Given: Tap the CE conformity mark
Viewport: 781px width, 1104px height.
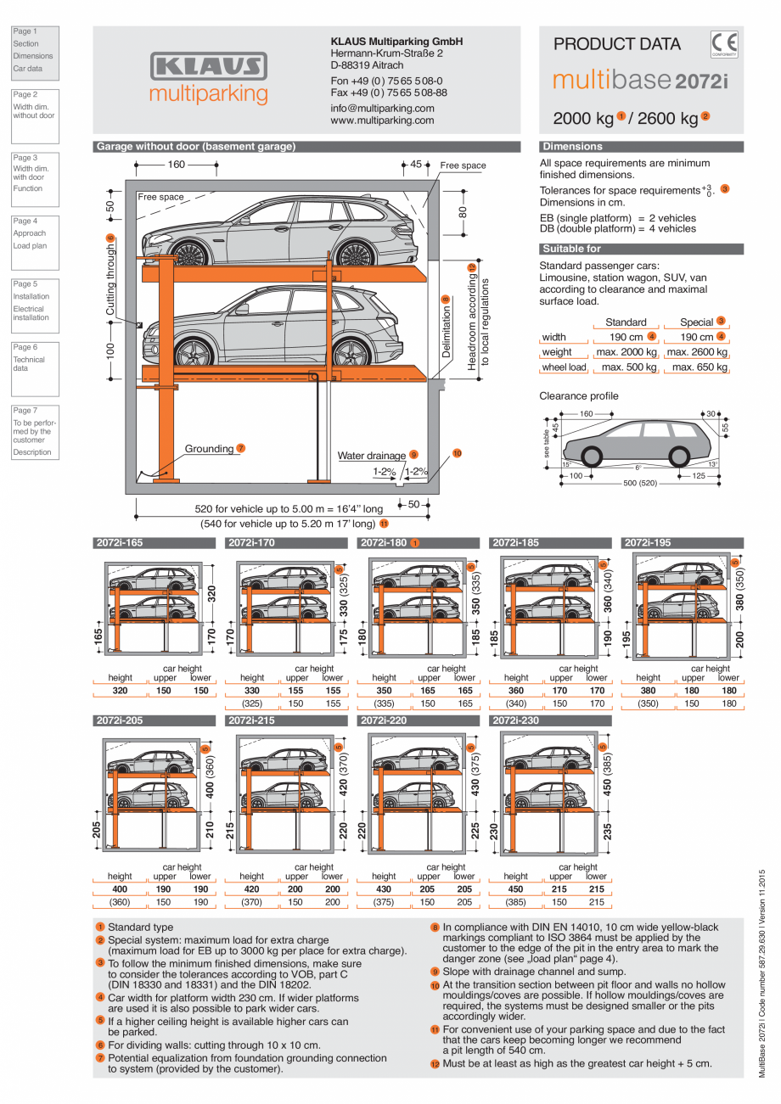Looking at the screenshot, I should click(x=724, y=44).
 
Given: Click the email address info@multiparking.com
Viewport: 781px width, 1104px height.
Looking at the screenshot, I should click(x=382, y=109).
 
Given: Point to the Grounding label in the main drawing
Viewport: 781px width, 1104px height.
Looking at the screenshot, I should click(x=209, y=449).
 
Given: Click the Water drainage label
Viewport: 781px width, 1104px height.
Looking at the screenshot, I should click(x=372, y=456).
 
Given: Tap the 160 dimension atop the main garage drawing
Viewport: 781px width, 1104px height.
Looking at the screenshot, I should click(x=176, y=165).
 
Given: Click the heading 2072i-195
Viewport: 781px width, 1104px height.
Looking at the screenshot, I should click(x=647, y=542).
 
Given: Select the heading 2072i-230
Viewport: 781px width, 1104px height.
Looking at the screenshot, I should click(x=515, y=720).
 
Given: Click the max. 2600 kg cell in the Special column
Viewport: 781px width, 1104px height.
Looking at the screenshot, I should click(x=697, y=352).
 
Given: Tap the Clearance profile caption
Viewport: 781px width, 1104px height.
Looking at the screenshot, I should click(x=579, y=396).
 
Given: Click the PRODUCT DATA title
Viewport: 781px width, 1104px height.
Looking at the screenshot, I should click(x=617, y=44).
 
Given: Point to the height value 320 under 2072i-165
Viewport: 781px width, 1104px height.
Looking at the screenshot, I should click(x=120, y=691).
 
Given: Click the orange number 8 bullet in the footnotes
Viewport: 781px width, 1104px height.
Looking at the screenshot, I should click(x=435, y=927).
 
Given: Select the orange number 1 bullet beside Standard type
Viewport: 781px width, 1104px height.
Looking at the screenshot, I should click(x=100, y=927).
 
